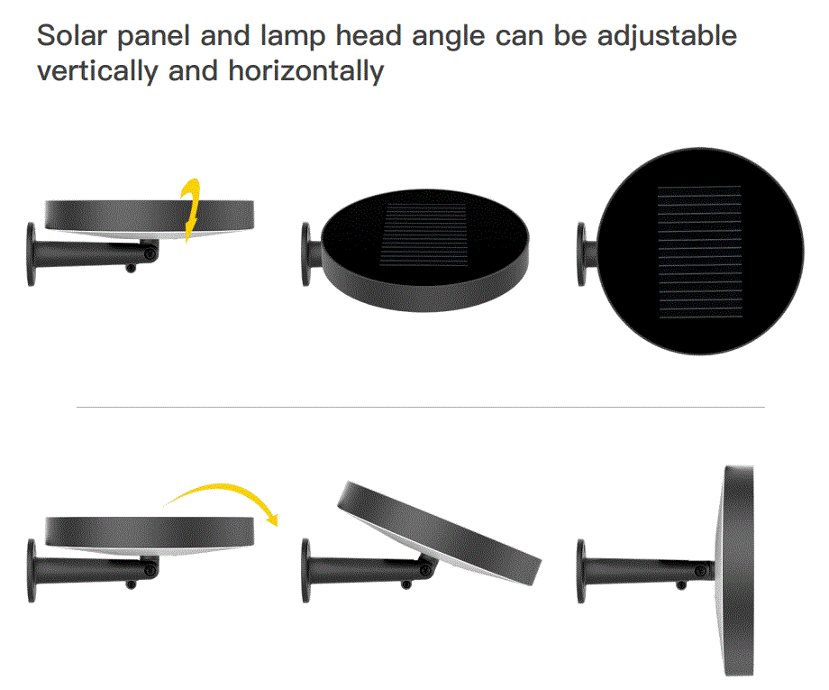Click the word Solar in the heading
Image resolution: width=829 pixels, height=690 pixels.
click(72, 36)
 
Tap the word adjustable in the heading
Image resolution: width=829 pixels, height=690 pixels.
click(667, 37)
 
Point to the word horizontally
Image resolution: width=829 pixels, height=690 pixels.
click(306, 72)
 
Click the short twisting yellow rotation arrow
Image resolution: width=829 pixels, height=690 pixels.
click(190, 210)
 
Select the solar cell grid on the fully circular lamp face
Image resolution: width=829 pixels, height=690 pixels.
click(699, 252)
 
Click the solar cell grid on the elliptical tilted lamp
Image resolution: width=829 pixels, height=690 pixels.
click(424, 234)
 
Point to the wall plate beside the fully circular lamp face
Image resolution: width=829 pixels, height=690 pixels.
click(581, 254)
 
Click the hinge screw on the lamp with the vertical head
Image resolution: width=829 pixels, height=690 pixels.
click(701, 571)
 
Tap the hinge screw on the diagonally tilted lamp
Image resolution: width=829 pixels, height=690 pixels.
click(425, 569)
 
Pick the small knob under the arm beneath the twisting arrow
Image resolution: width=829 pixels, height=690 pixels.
click(131, 268)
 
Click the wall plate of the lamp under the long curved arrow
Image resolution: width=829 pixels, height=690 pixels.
click(32, 570)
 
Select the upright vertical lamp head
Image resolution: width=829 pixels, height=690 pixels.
click(735, 570)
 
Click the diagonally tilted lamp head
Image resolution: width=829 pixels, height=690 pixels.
click(440, 532)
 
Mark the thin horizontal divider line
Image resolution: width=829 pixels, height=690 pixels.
click(420, 407)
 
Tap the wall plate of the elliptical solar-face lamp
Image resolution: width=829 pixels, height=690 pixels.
click(306, 254)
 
